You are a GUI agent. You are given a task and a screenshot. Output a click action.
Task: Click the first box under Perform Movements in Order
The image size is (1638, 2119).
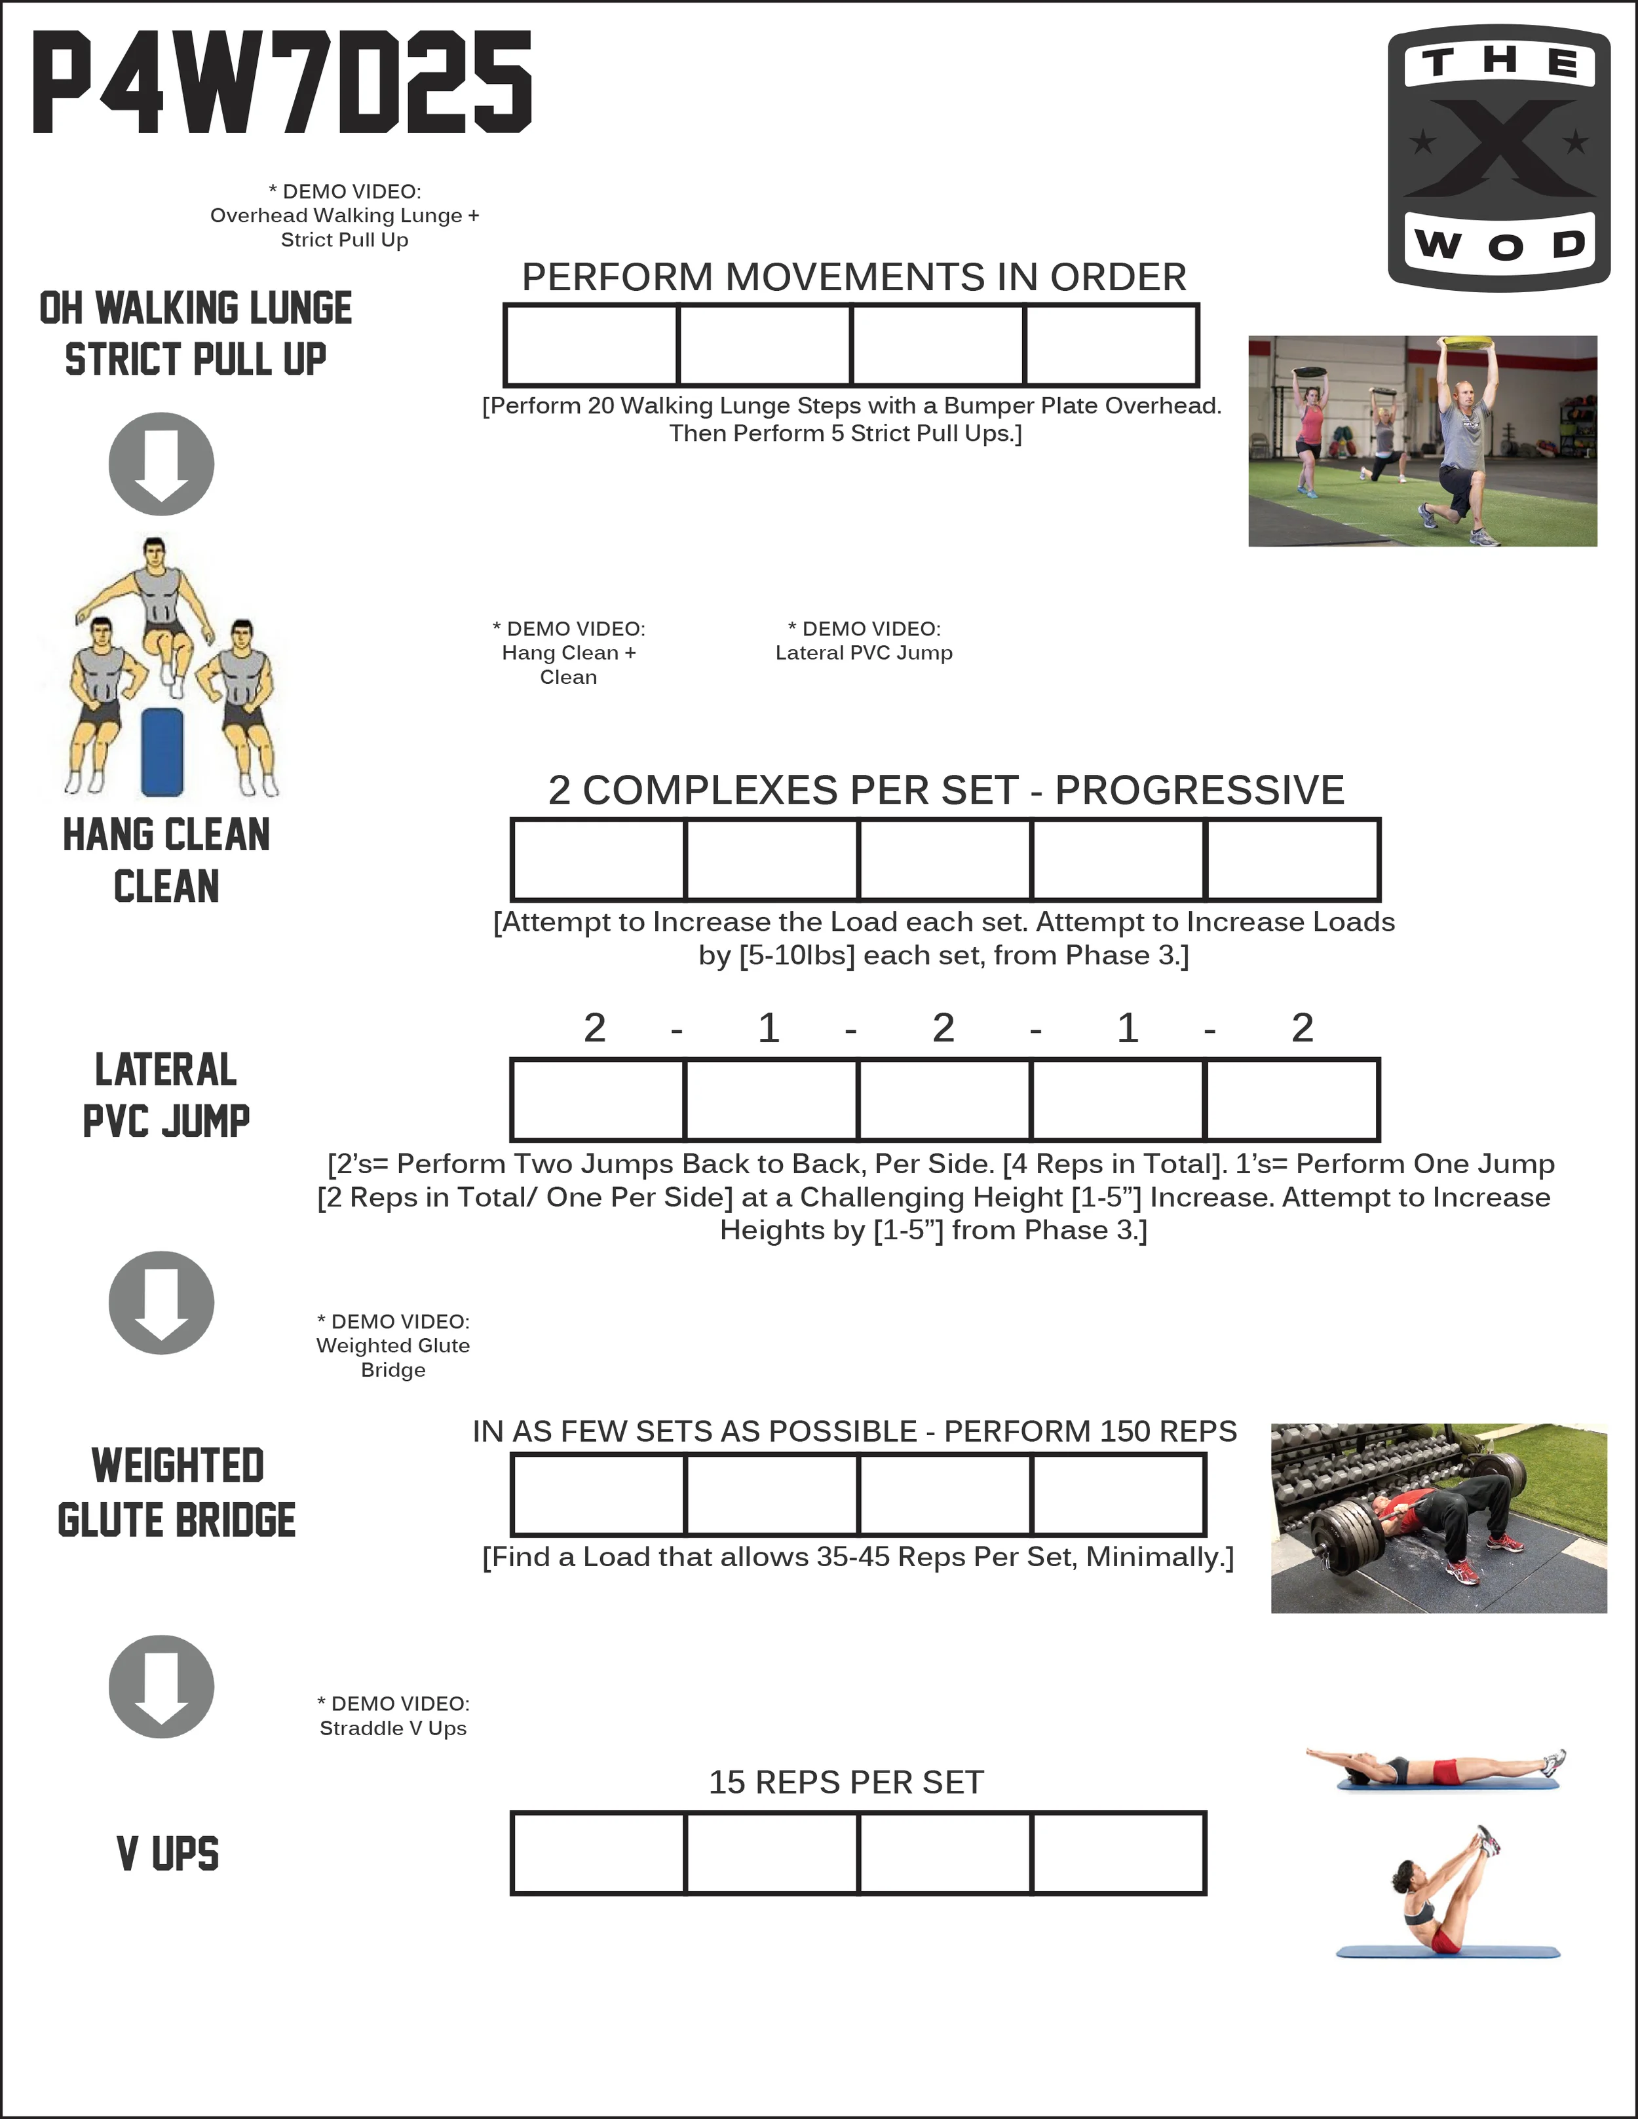[591, 345]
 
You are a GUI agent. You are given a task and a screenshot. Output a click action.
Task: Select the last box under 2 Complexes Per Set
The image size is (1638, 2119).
[1291, 859]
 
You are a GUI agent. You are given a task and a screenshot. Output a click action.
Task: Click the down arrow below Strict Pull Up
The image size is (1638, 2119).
[161, 464]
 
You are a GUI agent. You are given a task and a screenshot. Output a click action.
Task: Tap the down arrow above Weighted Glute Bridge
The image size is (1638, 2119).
[161, 1302]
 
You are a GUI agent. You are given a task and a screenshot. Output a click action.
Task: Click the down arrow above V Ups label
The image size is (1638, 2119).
[161, 1686]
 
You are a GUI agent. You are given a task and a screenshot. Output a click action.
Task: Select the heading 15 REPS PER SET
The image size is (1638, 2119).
[846, 1782]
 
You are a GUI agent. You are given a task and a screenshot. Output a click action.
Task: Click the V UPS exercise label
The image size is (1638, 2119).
[167, 1853]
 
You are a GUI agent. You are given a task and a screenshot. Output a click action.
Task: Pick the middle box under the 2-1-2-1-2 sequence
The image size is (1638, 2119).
[944, 1099]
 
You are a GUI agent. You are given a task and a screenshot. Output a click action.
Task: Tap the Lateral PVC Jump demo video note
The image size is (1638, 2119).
[864, 641]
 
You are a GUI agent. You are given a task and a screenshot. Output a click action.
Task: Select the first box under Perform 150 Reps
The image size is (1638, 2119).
[598, 1494]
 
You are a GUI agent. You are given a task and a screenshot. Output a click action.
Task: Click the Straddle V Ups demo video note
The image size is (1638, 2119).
[393, 1716]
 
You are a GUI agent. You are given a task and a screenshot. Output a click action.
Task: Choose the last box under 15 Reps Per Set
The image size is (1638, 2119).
[1118, 1852]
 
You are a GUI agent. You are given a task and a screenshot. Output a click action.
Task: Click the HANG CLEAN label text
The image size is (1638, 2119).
[166, 834]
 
